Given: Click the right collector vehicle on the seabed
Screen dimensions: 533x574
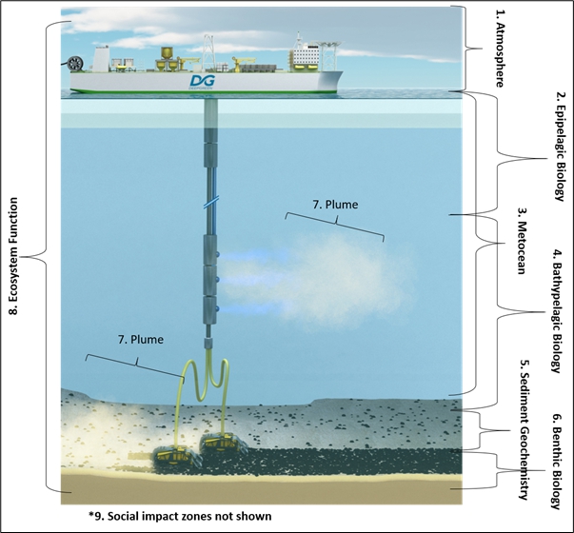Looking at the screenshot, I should [x=223, y=439].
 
